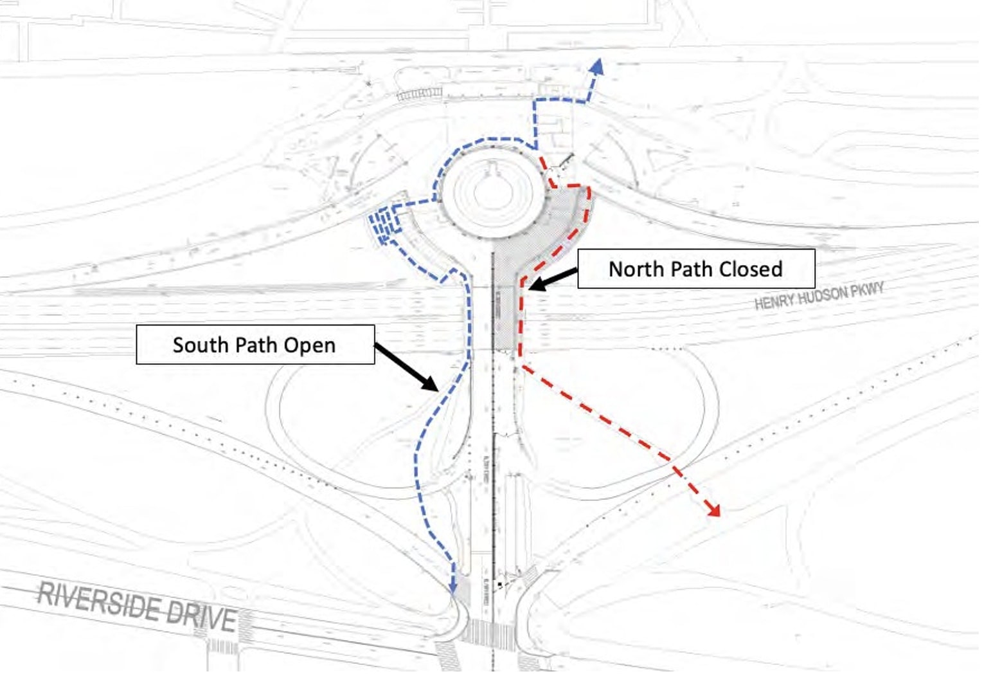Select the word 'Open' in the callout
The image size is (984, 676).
310,346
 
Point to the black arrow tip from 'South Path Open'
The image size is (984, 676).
436,388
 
